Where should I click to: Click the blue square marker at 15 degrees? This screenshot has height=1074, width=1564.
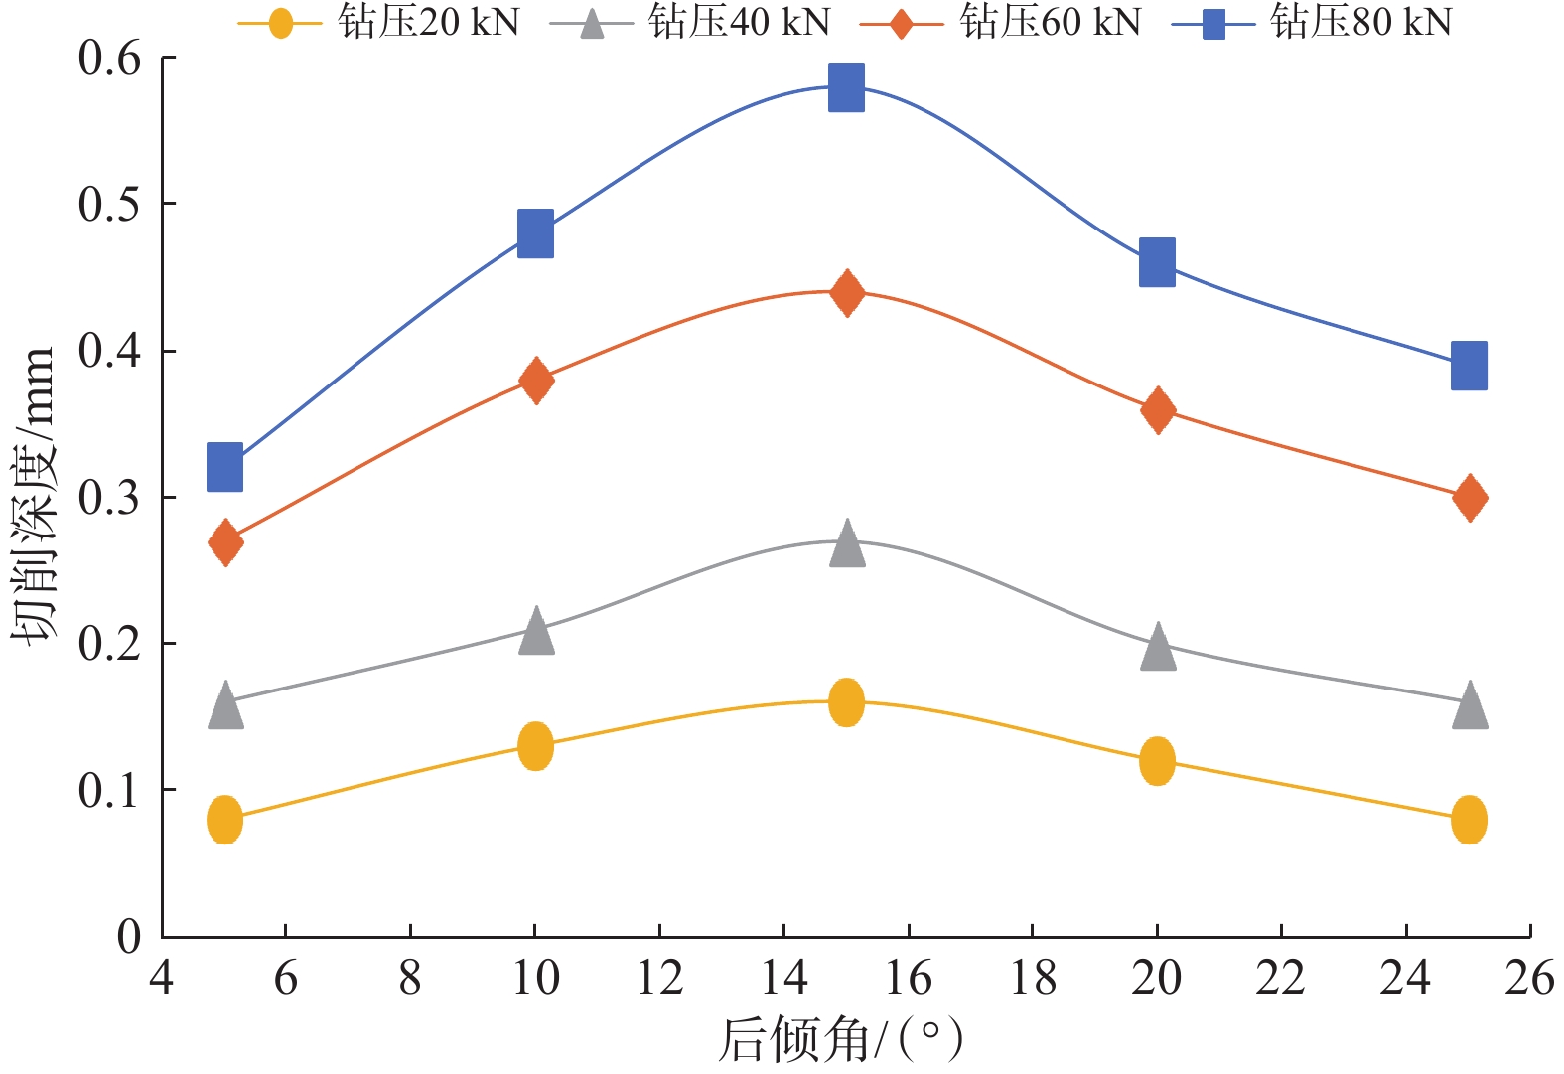(846, 87)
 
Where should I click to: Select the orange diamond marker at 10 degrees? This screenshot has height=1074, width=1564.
(536, 380)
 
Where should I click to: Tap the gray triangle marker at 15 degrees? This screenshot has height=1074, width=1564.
(846, 542)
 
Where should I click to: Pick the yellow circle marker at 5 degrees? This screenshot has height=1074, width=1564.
(225, 820)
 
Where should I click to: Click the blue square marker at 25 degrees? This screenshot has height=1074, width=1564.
(1469, 366)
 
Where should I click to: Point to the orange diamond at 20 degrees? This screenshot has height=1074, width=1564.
(1157, 409)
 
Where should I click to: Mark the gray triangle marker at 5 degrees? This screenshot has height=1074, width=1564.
(225, 704)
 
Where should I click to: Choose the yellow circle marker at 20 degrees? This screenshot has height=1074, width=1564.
(1157, 762)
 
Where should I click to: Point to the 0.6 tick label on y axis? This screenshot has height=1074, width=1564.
(109, 59)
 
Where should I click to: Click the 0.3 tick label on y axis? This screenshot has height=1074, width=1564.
(109, 498)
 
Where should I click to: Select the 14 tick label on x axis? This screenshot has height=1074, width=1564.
(783, 979)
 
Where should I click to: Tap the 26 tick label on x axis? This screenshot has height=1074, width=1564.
(1529, 979)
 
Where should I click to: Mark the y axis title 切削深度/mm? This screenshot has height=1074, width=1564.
(34, 497)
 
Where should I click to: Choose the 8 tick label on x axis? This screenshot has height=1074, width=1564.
(410, 979)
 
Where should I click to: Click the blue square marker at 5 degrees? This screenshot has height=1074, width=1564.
(225, 467)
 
